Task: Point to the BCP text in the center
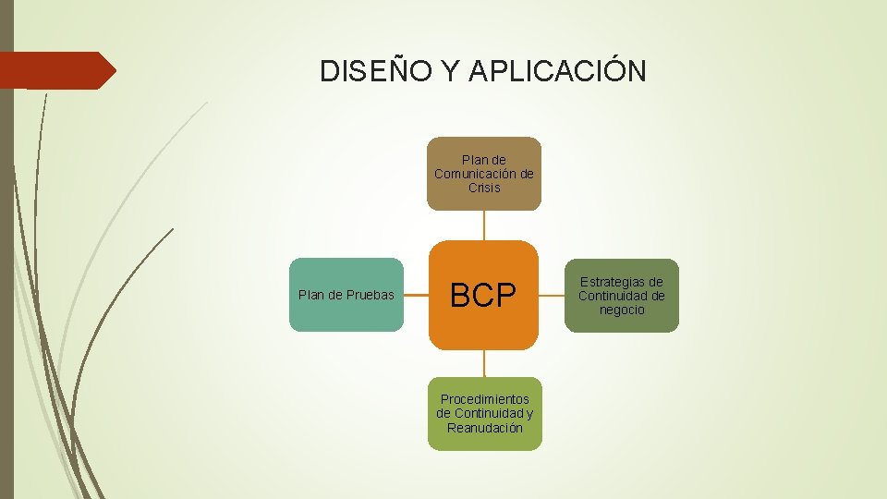click(x=482, y=296)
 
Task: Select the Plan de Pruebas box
click(x=346, y=295)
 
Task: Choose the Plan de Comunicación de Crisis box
click(x=484, y=174)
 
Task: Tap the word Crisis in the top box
click(x=484, y=188)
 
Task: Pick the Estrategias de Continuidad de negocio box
click(x=622, y=296)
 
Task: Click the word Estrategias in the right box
click(x=622, y=282)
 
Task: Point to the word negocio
click(x=622, y=310)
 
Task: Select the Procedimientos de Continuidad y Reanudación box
click(x=484, y=413)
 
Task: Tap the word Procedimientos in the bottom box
click(x=484, y=399)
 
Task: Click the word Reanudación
click(x=484, y=428)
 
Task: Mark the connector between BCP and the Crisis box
click(x=484, y=225)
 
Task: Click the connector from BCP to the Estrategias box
click(x=552, y=296)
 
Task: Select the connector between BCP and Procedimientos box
click(x=484, y=363)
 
